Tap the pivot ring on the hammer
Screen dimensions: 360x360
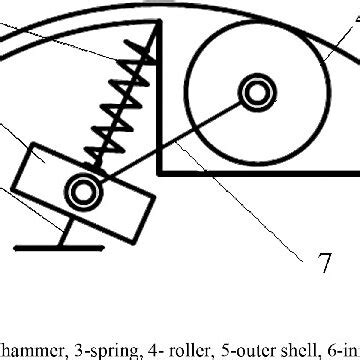(81, 187)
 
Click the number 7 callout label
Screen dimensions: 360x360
(324, 263)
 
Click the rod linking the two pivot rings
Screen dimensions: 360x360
(170, 140)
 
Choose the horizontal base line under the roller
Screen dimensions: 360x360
(260, 172)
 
